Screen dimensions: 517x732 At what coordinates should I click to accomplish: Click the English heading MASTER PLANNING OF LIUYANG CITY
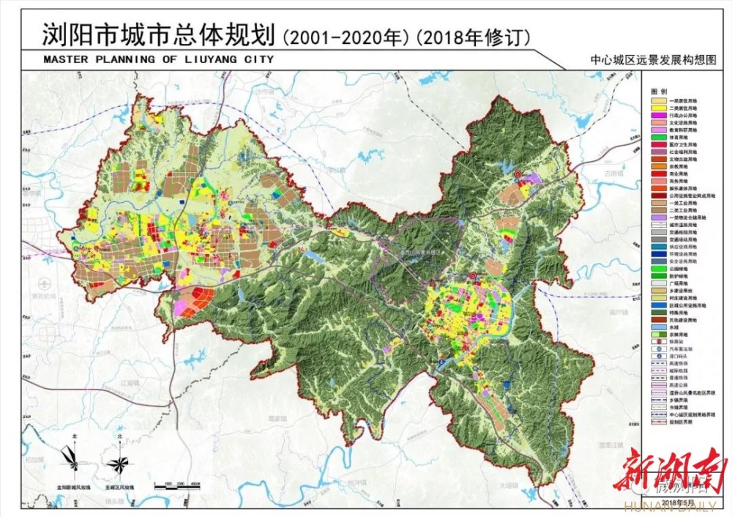tap(158, 59)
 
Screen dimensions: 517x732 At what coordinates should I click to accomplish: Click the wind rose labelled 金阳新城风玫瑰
tap(75, 463)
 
